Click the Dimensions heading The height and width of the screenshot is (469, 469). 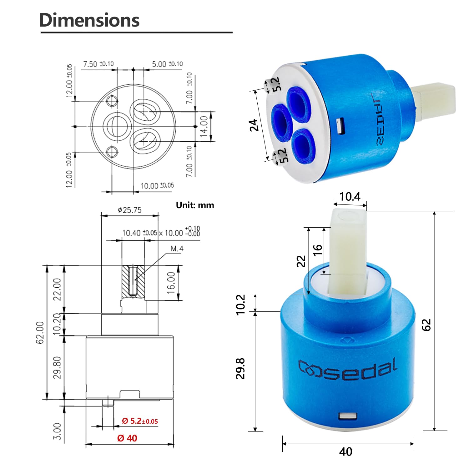click(x=89, y=20)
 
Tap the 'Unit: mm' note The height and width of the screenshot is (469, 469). click(x=195, y=205)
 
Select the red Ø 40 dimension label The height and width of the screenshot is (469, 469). click(x=127, y=438)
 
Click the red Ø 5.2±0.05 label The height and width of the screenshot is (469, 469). click(x=140, y=421)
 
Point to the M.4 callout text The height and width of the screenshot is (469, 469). click(x=177, y=249)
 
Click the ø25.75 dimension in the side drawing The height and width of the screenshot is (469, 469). click(x=129, y=210)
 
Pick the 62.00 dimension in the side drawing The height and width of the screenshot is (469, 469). click(x=40, y=333)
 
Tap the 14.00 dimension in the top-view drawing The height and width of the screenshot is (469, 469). click(x=204, y=126)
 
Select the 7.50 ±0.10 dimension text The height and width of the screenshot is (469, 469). click(x=98, y=64)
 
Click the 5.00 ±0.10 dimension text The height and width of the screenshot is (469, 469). click(x=167, y=64)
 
